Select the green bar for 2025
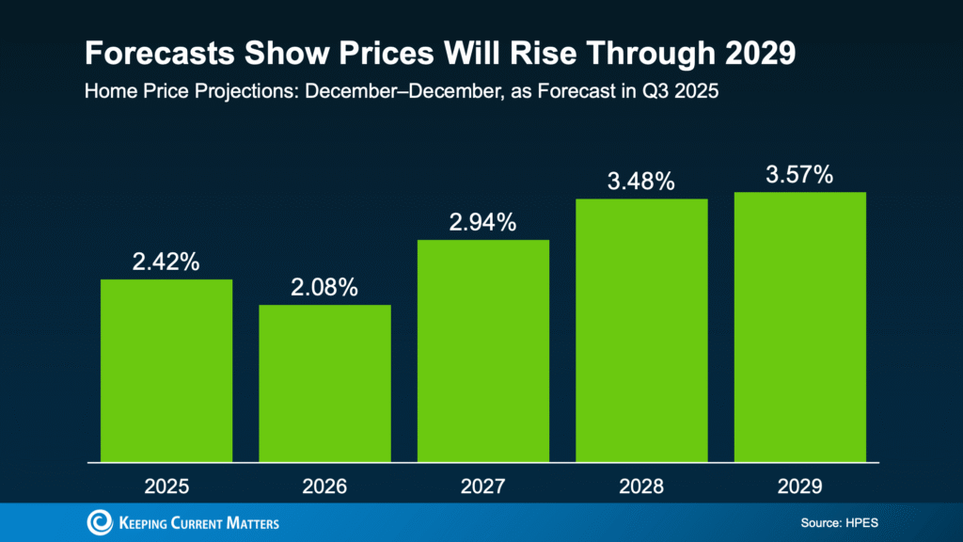click(x=166, y=371)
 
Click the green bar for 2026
click(x=324, y=383)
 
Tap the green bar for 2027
click(x=483, y=351)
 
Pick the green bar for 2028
click(x=641, y=330)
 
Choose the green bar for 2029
click(x=799, y=327)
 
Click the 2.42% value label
click(x=166, y=263)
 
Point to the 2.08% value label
click(x=324, y=288)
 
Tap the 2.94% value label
click(x=483, y=223)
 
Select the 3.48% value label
click(x=641, y=182)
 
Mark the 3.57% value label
click(x=799, y=175)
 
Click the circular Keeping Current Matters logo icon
click(x=99, y=522)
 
